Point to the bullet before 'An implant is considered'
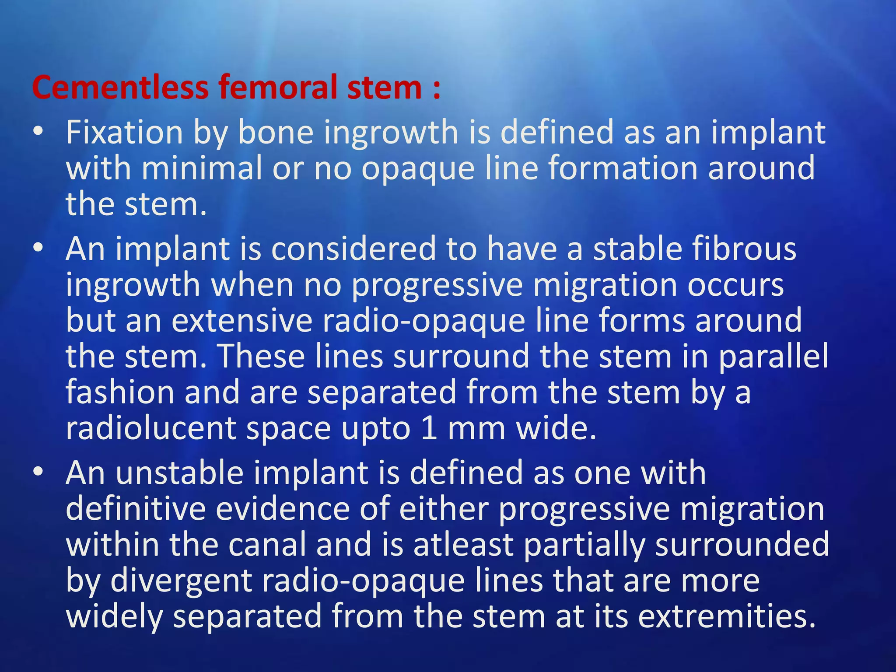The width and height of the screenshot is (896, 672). coord(38,248)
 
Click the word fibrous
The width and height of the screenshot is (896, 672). coord(744,249)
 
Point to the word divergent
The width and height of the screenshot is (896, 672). coord(182,581)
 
